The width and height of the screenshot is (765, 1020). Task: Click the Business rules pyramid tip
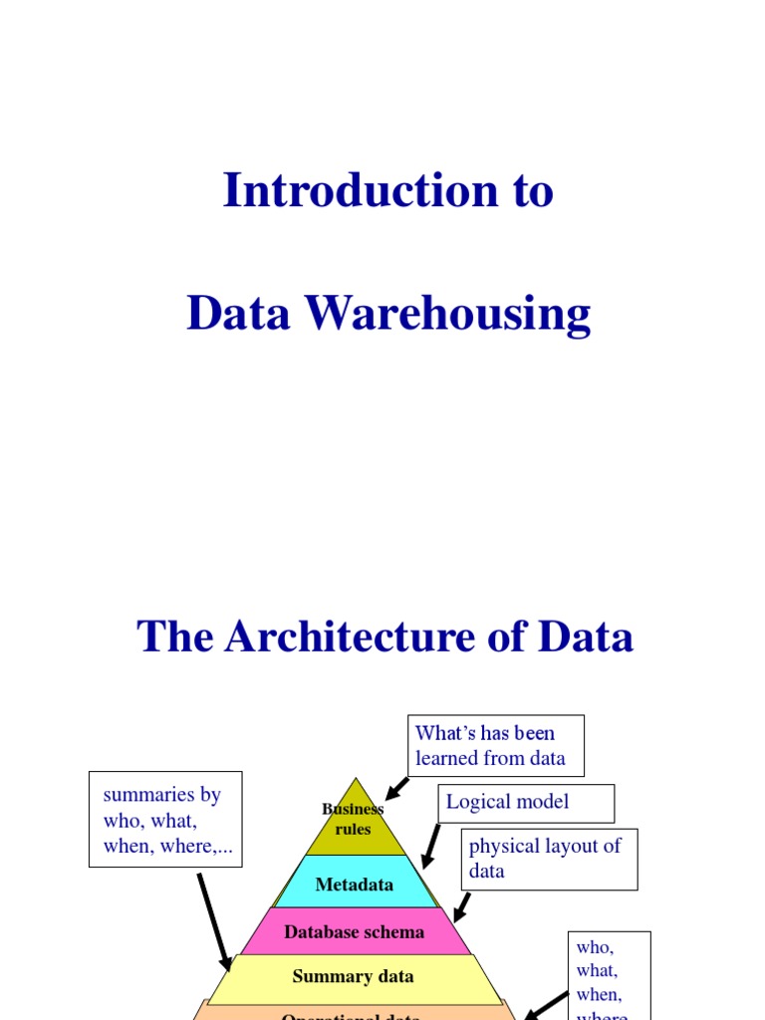[354, 820]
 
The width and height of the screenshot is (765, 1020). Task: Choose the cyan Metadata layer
[355, 884]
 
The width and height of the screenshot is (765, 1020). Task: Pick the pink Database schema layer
[355, 932]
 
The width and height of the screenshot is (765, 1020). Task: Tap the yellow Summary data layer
[354, 976]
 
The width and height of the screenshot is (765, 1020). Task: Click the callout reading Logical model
[525, 803]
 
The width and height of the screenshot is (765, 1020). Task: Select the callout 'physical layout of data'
[549, 859]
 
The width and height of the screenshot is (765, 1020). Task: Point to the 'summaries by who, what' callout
[164, 819]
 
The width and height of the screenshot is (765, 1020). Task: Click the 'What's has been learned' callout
[495, 746]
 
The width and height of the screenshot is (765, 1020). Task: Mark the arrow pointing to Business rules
[396, 788]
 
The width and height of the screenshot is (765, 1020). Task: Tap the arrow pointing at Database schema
[461, 907]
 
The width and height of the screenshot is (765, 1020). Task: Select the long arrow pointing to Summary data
[214, 922]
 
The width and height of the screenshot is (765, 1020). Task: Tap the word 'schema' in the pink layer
[397, 932]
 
